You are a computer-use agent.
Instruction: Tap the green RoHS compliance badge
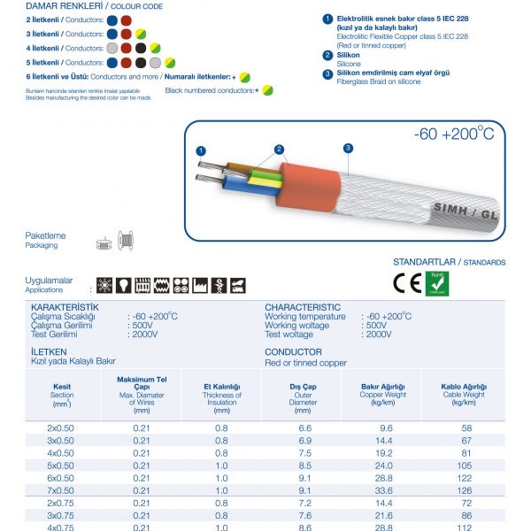point(437,282)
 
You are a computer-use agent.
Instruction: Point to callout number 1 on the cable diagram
point(202,151)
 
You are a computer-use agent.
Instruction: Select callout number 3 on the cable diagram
point(348,147)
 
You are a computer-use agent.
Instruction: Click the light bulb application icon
point(122,285)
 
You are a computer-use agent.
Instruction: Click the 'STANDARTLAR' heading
point(425,263)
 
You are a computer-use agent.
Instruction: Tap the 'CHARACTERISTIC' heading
point(303,307)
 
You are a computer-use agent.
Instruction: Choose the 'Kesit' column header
point(62,387)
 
